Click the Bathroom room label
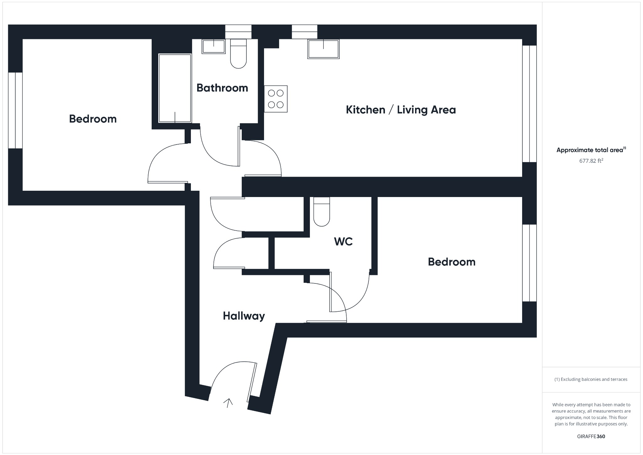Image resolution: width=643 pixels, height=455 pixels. [x=222, y=88]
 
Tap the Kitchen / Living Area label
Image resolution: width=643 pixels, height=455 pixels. [x=401, y=110]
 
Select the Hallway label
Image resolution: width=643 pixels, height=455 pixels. [x=244, y=316]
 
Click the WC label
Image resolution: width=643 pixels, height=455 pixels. [x=343, y=241]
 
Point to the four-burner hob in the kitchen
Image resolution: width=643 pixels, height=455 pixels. [x=276, y=99]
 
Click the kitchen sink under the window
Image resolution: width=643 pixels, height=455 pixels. [x=323, y=49]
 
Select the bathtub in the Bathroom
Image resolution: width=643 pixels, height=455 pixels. [x=175, y=88]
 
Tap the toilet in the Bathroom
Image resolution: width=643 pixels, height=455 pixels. [x=239, y=54]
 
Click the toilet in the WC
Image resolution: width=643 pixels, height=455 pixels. [x=321, y=212]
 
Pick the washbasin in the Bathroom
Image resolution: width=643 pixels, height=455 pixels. [x=213, y=47]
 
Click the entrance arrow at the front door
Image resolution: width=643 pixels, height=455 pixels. [x=228, y=403]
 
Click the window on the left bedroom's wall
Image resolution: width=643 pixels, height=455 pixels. [x=15, y=110]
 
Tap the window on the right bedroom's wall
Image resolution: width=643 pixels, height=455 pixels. [x=529, y=263]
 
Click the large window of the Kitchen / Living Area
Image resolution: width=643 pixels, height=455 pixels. [x=529, y=104]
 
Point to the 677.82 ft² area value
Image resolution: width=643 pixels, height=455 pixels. [x=591, y=161]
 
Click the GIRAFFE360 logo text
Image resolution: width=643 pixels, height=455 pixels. [x=591, y=436]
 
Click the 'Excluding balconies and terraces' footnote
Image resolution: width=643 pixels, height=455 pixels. [x=591, y=379]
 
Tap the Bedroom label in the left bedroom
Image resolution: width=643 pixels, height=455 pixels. [x=93, y=119]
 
